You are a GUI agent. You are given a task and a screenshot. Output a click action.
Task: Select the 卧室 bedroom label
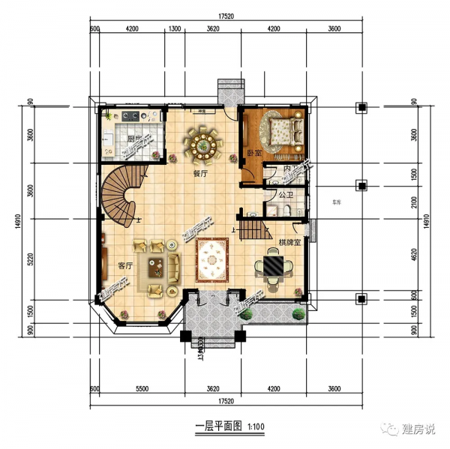click(x=253, y=153)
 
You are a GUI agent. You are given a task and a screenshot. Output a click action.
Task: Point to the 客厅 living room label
click(x=125, y=266)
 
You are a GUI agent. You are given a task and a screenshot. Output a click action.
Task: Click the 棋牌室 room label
click(x=289, y=243)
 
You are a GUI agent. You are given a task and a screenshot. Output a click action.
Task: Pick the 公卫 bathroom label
click(x=285, y=195)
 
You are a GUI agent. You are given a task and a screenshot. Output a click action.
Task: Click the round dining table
click(x=203, y=142)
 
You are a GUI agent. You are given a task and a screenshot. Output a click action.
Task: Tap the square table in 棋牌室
click(x=270, y=267)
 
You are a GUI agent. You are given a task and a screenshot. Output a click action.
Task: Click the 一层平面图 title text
click(x=217, y=427)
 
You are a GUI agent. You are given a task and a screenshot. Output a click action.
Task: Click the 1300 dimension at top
click(x=175, y=29)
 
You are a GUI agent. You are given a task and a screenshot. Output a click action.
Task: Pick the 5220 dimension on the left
click(x=31, y=262)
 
